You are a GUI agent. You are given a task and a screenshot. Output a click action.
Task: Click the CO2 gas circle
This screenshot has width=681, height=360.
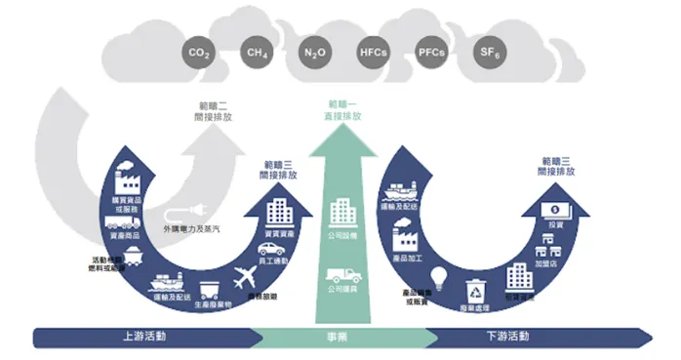coord(198,53)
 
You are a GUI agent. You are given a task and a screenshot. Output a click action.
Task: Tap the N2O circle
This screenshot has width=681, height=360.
coord(313,53)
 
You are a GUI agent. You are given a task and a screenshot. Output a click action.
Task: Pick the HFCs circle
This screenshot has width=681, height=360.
coord(372,53)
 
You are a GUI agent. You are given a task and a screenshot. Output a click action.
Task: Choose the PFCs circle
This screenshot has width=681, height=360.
coord(430,53)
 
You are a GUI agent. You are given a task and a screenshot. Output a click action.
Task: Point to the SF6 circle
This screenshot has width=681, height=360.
coord(487,53)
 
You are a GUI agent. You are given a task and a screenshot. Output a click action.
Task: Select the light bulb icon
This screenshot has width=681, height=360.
coord(440,277)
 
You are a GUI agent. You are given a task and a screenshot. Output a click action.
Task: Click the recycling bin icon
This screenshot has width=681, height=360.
coord(477,290)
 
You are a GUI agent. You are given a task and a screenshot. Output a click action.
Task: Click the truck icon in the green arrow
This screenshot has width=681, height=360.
coord(340,277)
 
